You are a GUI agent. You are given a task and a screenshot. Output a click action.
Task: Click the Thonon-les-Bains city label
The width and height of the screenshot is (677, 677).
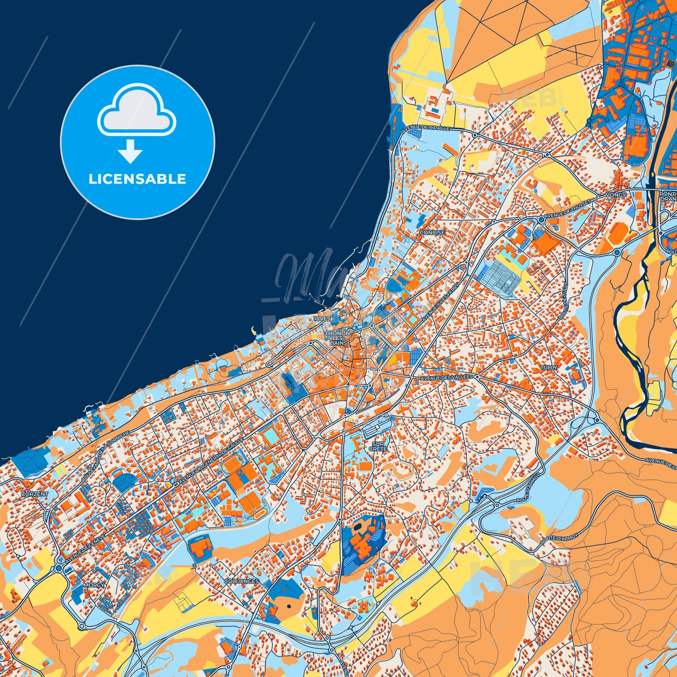tap(337, 338)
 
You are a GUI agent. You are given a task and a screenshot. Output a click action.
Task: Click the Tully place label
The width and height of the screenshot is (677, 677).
tap(548, 367)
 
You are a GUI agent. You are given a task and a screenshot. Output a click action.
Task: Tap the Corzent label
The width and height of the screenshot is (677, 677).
tap(34, 493)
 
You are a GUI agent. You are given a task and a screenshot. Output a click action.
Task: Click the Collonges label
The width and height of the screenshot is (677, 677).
tap(241, 581)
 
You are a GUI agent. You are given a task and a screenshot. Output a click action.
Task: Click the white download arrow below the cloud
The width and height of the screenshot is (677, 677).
tap(130, 151)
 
